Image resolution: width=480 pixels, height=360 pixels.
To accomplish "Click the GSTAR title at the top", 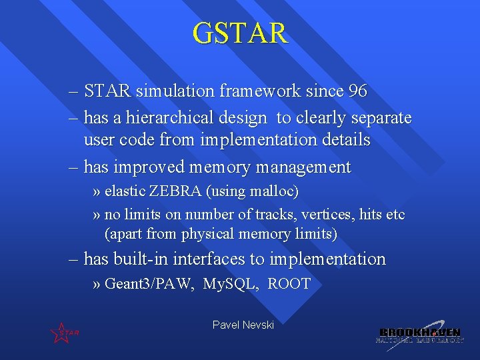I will point(240,33).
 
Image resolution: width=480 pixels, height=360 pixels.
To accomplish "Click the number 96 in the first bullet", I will point(357,91).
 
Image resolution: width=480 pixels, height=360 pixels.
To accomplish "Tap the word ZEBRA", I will point(175,191).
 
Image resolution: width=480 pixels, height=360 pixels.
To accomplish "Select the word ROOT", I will point(289,284).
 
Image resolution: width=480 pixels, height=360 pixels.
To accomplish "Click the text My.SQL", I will point(230,284).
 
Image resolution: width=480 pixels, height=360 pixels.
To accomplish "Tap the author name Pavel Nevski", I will point(243,325).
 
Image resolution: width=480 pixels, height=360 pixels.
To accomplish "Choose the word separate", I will point(381,118).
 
